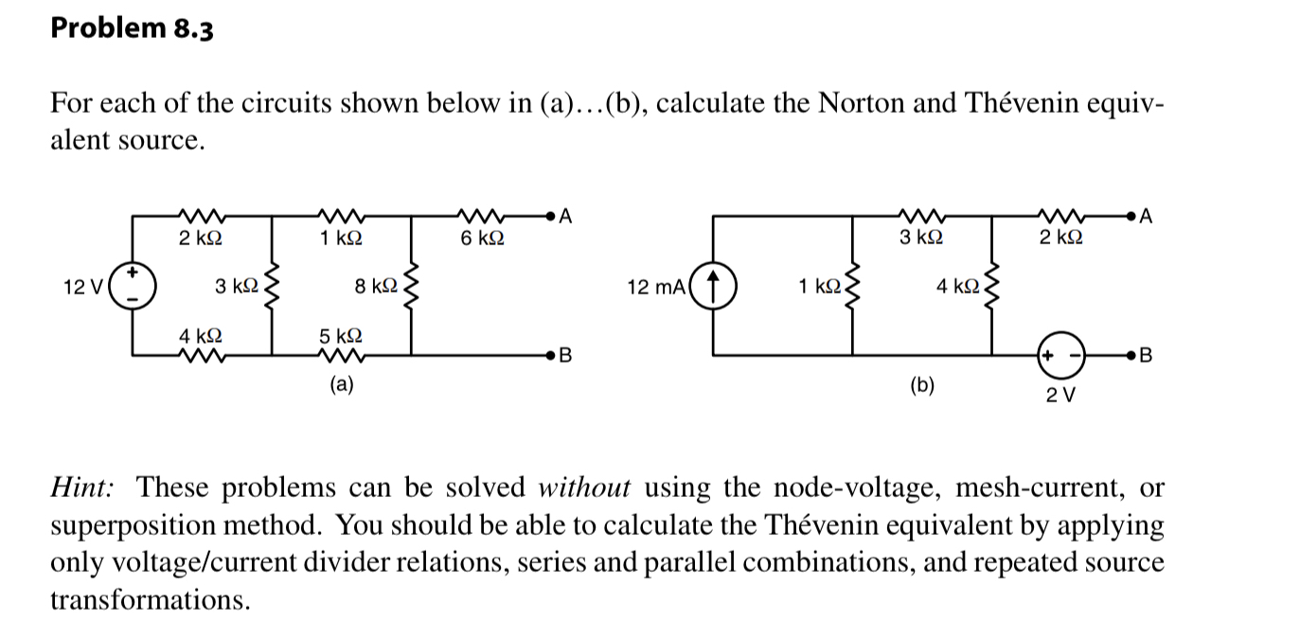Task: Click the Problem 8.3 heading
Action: point(132,29)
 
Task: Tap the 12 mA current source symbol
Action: point(716,285)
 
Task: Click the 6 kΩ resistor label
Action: point(482,239)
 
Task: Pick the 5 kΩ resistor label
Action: point(338,335)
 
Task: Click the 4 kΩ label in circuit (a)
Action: point(201,335)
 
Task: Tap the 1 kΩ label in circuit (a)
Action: point(340,239)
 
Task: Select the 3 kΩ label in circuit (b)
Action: point(920,238)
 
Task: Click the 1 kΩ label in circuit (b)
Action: point(817,284)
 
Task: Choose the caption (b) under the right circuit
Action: point(920,384)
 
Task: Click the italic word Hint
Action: point(82,488)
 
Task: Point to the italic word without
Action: point(584,488)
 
